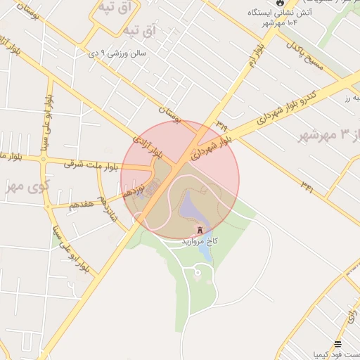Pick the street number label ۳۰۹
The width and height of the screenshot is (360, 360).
click(x=222, y=124)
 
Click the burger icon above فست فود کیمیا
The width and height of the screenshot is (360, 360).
click(x=338, y=344)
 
